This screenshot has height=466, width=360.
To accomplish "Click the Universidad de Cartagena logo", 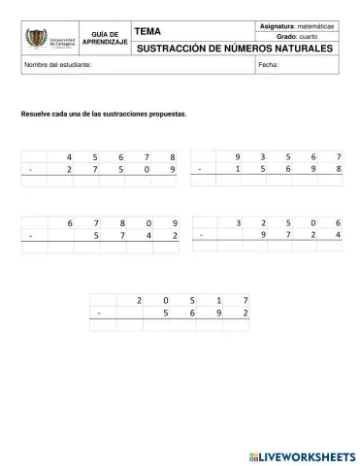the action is [x=49, y=39].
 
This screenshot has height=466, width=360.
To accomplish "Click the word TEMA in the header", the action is [x=147, y=32].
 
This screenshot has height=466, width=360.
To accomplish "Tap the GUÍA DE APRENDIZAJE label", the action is [x=105, y=39].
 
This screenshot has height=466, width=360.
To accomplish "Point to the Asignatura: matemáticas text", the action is [x=299, y=25].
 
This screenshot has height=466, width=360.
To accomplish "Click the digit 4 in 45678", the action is [x=70, y=156].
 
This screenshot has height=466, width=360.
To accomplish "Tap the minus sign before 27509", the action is [x=31, y=169].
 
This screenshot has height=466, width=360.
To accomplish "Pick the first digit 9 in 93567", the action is [x=237, y=156].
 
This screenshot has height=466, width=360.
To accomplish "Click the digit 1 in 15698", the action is [x=237, y=169].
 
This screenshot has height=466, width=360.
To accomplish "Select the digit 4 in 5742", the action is [x=148, y=236].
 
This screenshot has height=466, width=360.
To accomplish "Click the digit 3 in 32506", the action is [x=238, y=223].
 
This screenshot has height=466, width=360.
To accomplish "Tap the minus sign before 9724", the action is [x=201, y=236].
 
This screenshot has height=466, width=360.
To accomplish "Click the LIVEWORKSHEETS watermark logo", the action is [x=302, y=454].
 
